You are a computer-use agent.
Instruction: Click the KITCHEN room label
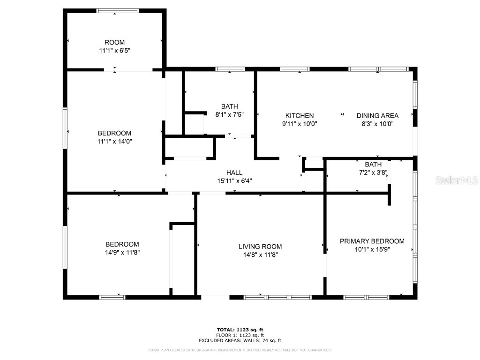pos(300,116)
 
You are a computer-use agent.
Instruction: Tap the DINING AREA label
pos(377,116)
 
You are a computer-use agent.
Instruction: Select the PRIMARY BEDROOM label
pos(372,241)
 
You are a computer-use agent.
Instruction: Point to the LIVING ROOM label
pos(260,247)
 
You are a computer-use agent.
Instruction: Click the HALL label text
pos(234,173)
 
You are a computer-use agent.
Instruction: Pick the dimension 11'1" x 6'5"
pos(115,51)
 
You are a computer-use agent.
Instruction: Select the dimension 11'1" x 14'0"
pos(115,141)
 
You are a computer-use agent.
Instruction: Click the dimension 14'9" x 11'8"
pos(122,253)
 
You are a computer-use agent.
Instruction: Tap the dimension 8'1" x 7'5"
pos(229,114)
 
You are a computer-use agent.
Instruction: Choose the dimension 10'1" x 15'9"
pos(372,250)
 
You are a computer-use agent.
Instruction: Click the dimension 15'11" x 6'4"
pos(234,181)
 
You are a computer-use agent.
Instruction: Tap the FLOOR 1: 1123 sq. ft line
pos(240,335)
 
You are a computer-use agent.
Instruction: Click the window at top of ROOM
pos(117,10)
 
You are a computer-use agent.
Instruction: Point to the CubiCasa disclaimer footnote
pos(240,350)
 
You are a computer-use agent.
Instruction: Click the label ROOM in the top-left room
pos(115,43)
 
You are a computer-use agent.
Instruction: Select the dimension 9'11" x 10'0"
pos(300,124)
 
